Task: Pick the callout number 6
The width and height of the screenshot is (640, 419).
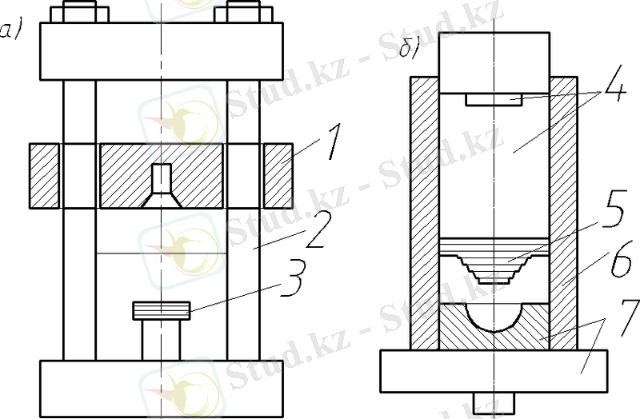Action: click(622, 260)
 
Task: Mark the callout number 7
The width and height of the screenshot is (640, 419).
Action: click(629, 317)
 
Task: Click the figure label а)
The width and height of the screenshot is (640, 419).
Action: click(10, 31)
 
